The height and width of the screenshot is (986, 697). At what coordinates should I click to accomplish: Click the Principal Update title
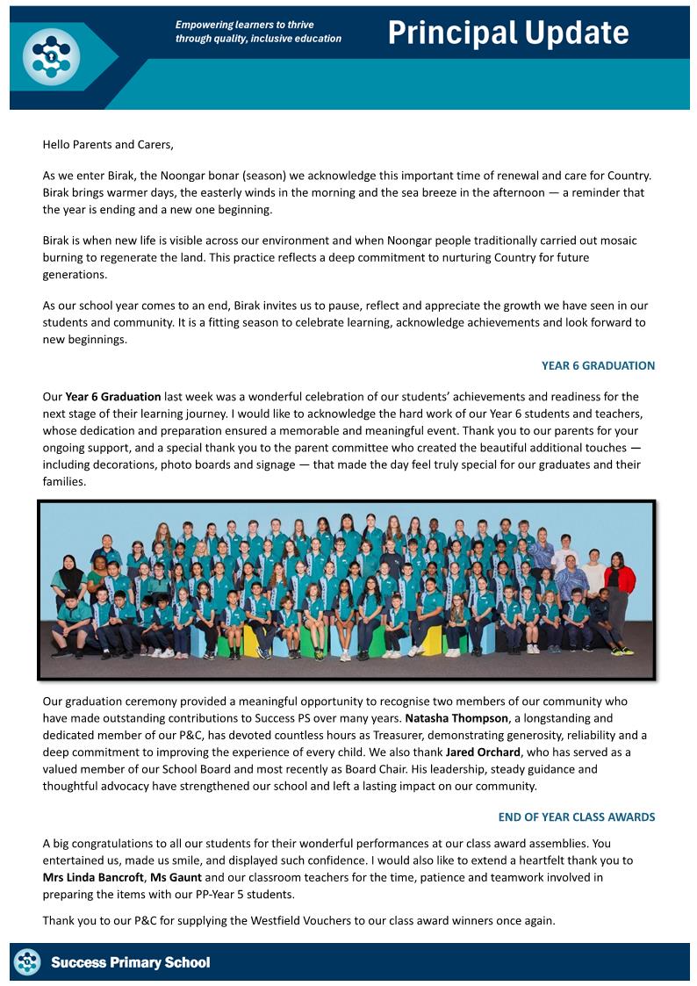point(507,32)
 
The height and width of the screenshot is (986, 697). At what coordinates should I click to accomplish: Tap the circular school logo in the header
point(51,56)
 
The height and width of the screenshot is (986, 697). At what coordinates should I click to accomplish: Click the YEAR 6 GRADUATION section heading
point(598,365)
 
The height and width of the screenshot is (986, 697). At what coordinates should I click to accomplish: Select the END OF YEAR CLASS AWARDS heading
point(576,817)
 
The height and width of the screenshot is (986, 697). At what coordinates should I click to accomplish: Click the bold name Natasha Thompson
point(456,718)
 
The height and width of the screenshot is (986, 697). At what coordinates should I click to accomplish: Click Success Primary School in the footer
point(131,962)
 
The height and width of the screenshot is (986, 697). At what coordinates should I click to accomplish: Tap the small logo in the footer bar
point(27,962)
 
